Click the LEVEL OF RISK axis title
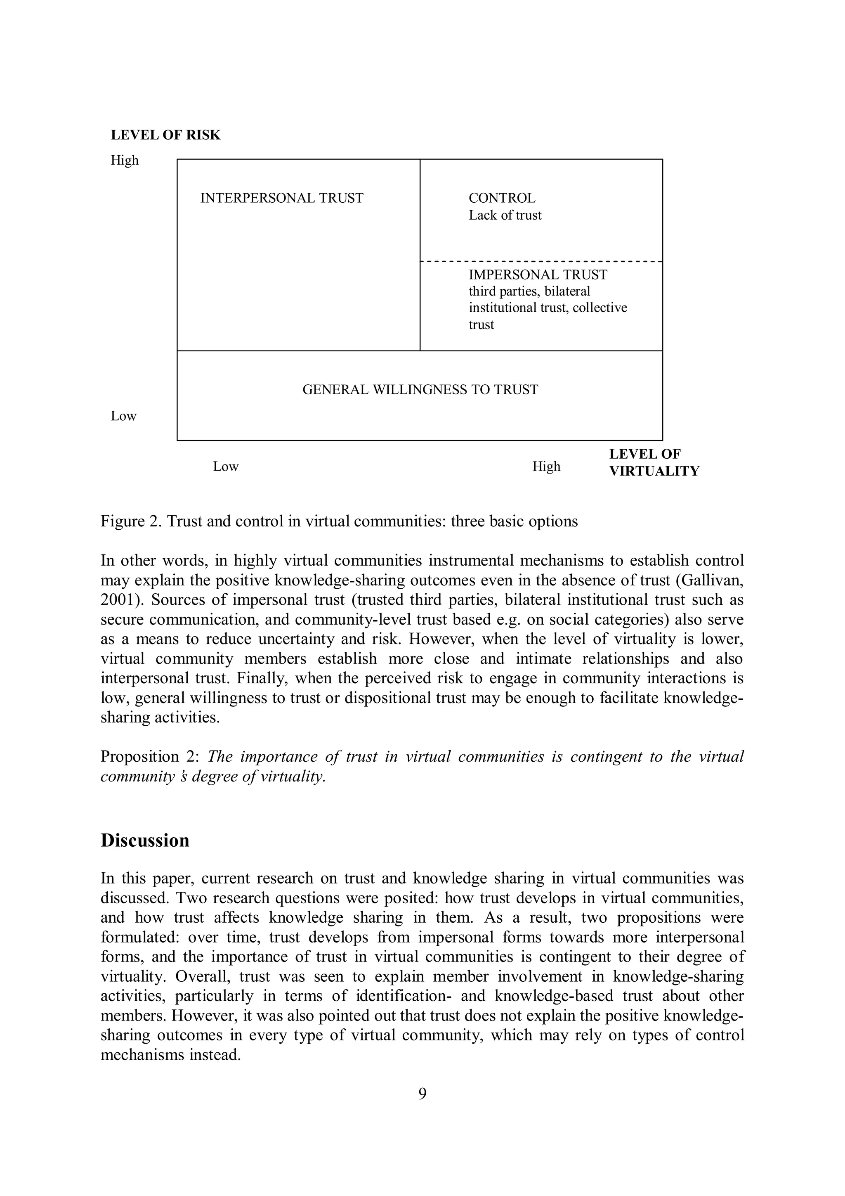165,135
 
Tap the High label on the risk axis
125,161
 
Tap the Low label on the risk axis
123,416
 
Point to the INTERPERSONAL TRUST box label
282,199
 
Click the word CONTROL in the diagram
501,199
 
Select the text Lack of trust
505,216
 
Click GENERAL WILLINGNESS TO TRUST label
420,390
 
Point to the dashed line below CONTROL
541,261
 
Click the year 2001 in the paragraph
119,600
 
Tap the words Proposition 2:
139,756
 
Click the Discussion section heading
145,841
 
